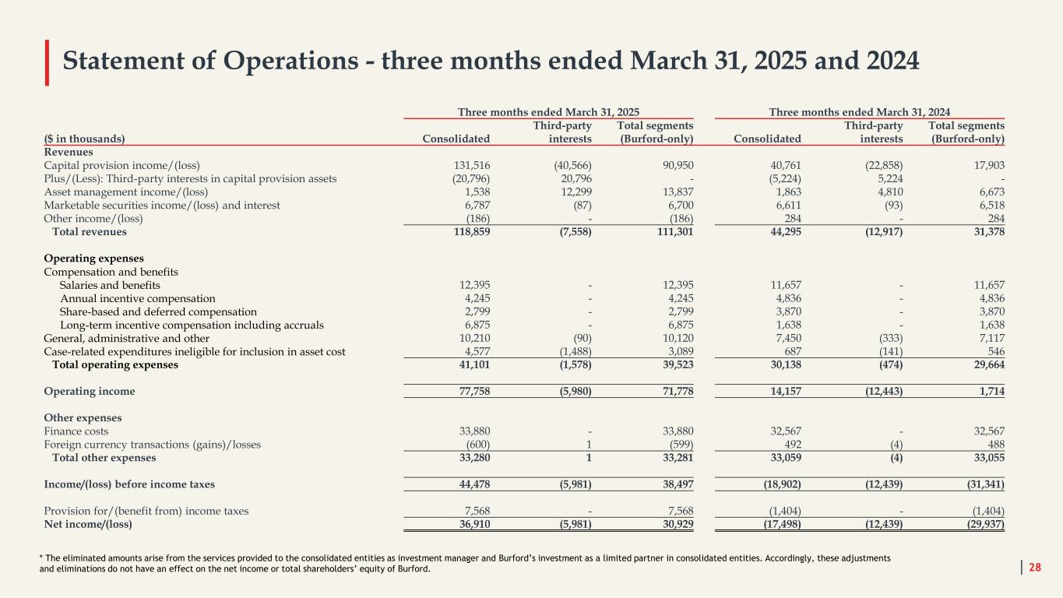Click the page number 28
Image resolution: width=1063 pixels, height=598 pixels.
1035,568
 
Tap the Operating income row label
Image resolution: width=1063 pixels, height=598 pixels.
90,391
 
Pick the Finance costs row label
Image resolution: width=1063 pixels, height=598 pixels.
76,431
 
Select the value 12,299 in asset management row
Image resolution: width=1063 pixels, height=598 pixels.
573,192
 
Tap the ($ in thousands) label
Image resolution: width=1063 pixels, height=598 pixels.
84,139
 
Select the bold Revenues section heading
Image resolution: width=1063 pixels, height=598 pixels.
69,152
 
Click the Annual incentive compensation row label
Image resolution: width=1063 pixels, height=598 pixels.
138,298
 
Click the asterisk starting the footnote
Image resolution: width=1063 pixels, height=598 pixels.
41,558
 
